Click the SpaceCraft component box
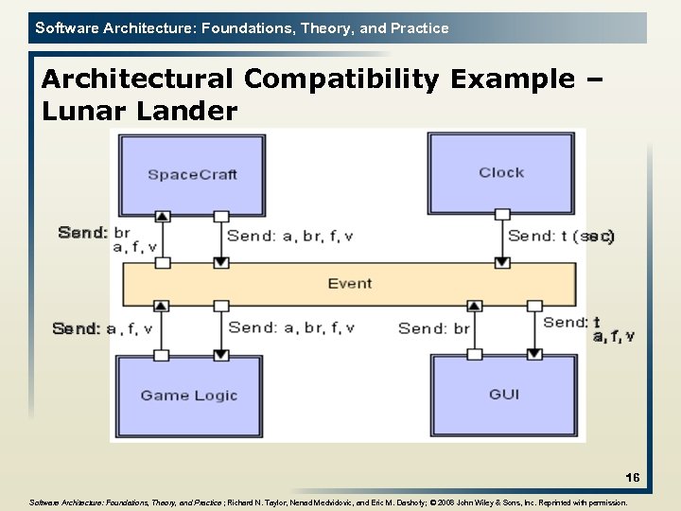[192, 174]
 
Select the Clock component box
[501, 172]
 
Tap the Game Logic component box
[189, 396]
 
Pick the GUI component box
[503, 394]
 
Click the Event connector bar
[349, 283]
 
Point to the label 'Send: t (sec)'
[561, 237]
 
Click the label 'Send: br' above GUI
[433, 328]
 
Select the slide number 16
[632, 478]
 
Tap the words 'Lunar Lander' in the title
[140, 112]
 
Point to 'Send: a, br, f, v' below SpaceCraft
[290, 237]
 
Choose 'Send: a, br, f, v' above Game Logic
[291, 327]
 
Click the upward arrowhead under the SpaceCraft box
[162, 217]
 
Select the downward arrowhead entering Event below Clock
[502, 261]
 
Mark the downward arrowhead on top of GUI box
[534, 354]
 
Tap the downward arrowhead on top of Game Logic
[221, 354]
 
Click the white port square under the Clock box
[502, 215]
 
